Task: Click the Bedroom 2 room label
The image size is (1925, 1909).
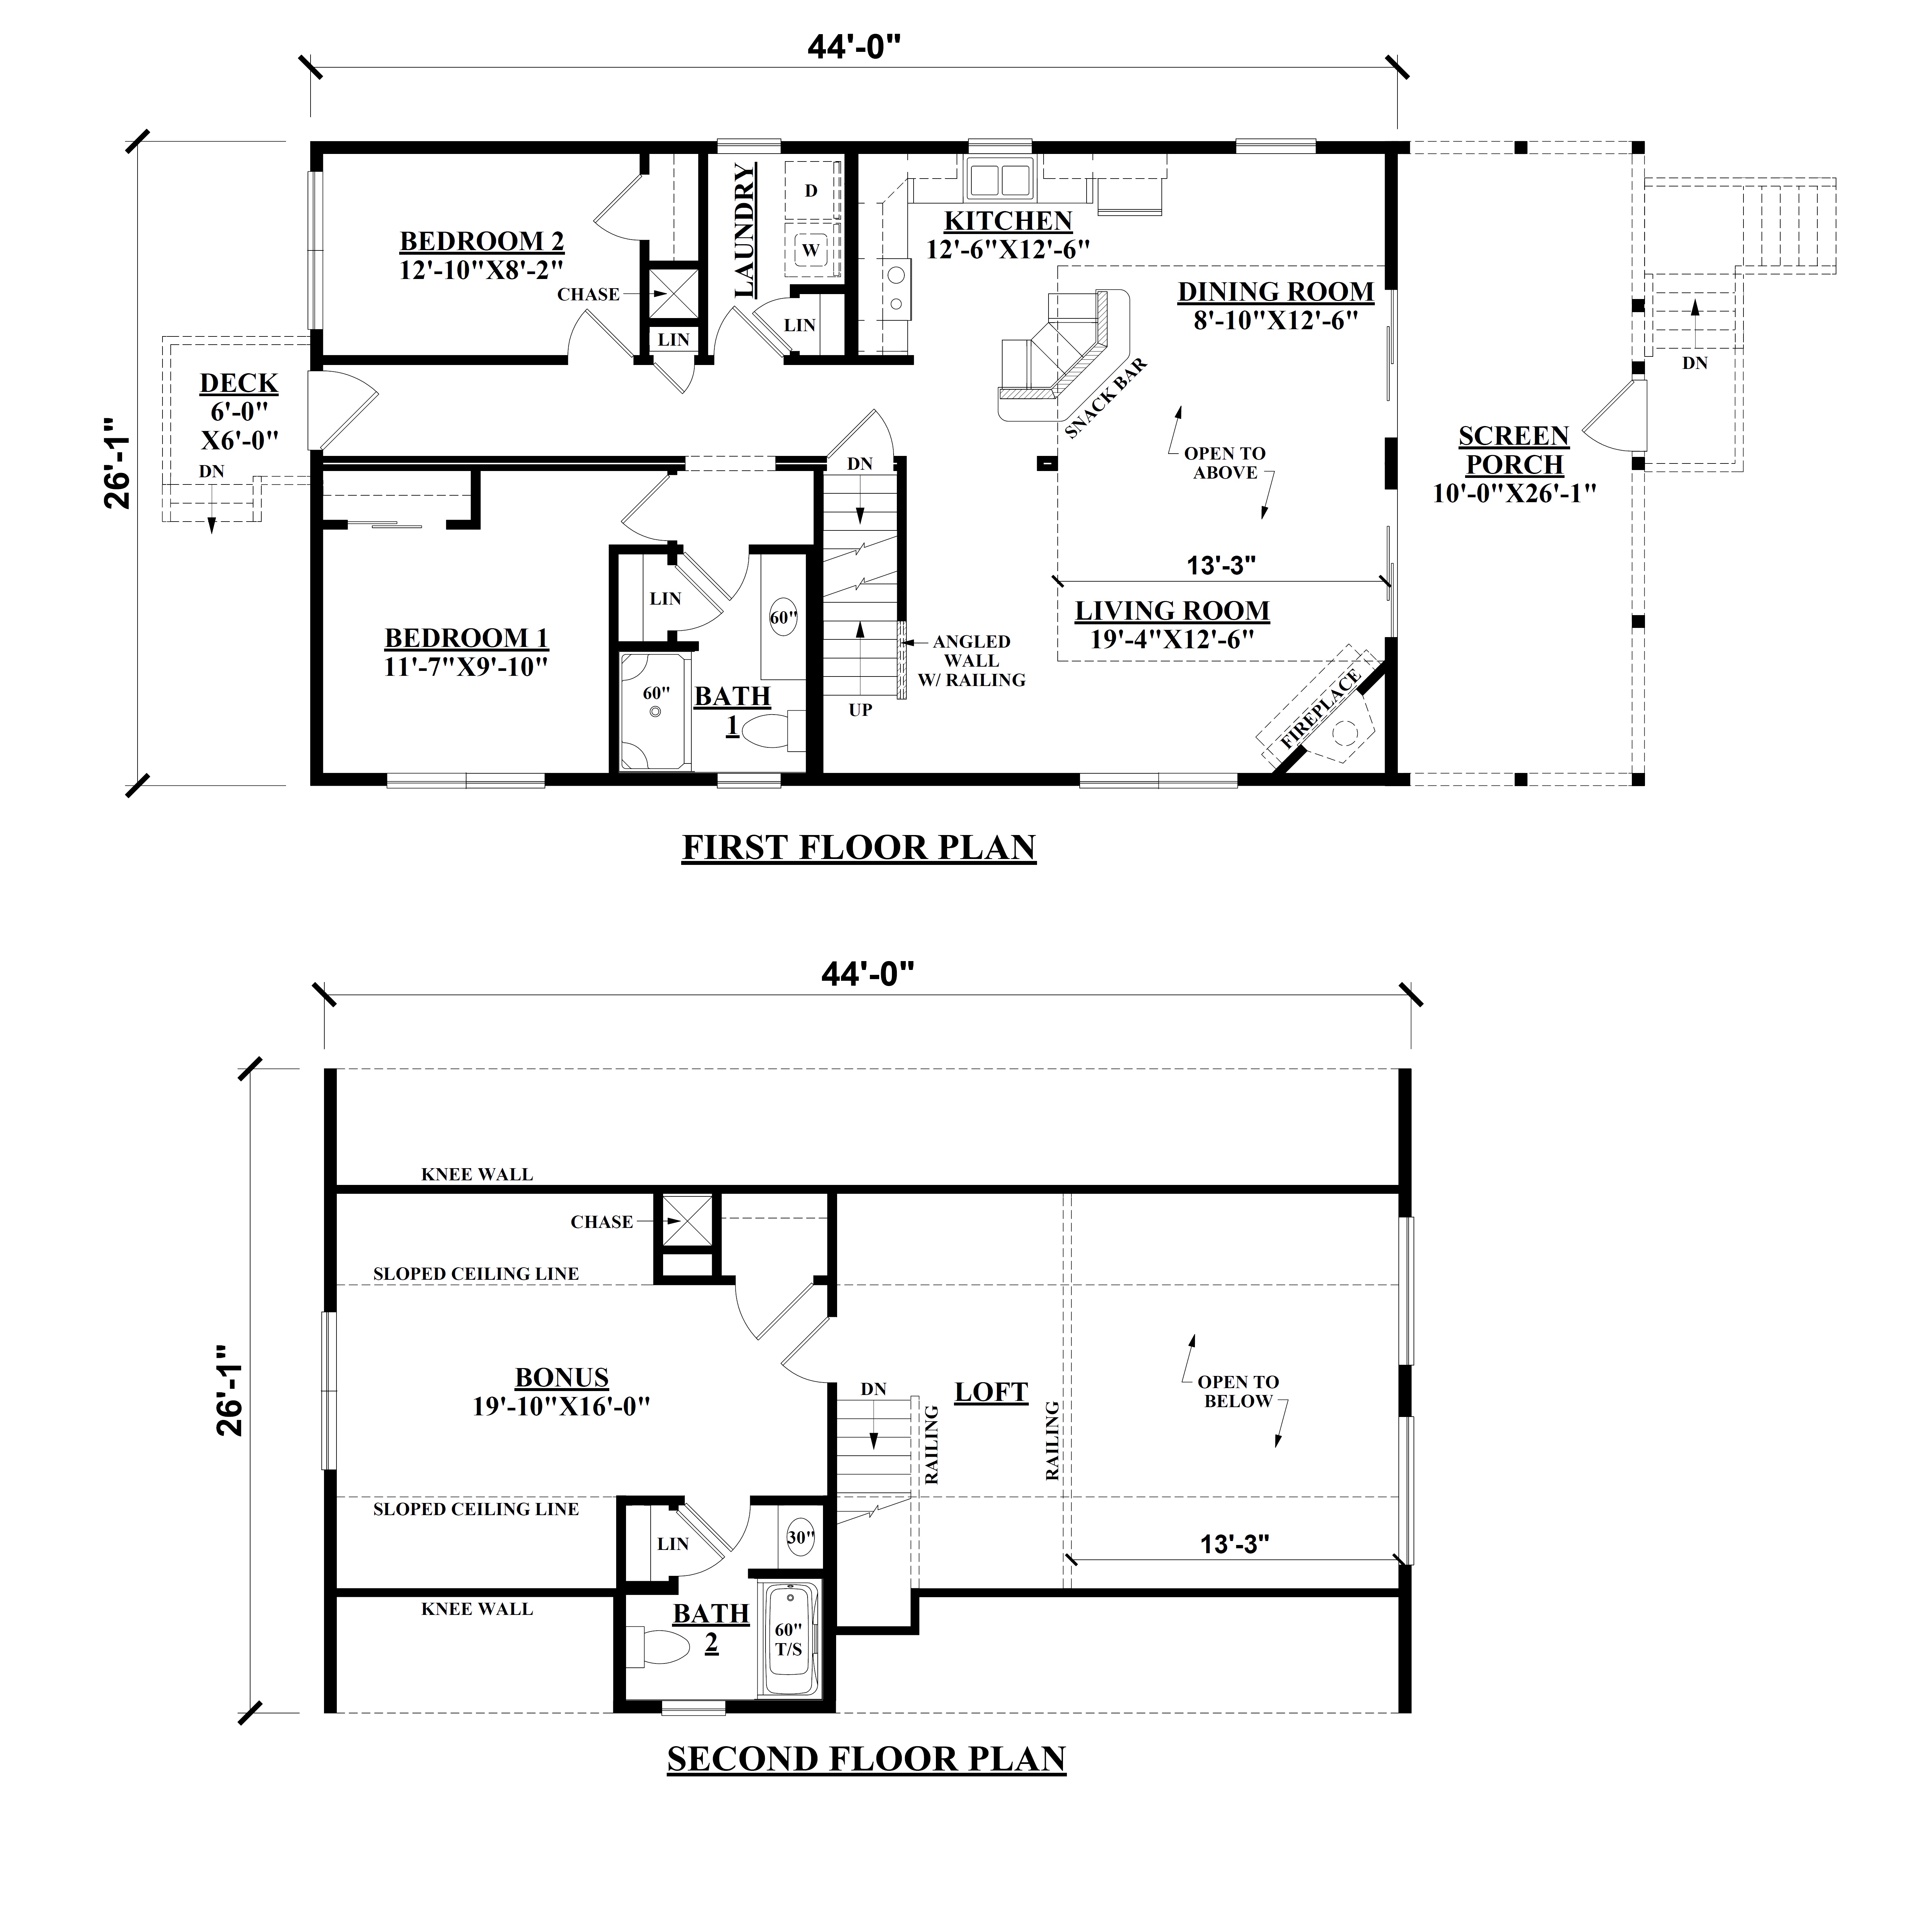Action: [x=482, y=255]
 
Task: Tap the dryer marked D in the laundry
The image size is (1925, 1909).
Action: [x=811, y=189]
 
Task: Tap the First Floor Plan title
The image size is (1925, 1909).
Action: [x=859, y=847]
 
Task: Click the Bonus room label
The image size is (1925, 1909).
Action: [x=562, y=1391]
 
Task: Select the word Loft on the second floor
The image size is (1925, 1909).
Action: [x=991, y=1392]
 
